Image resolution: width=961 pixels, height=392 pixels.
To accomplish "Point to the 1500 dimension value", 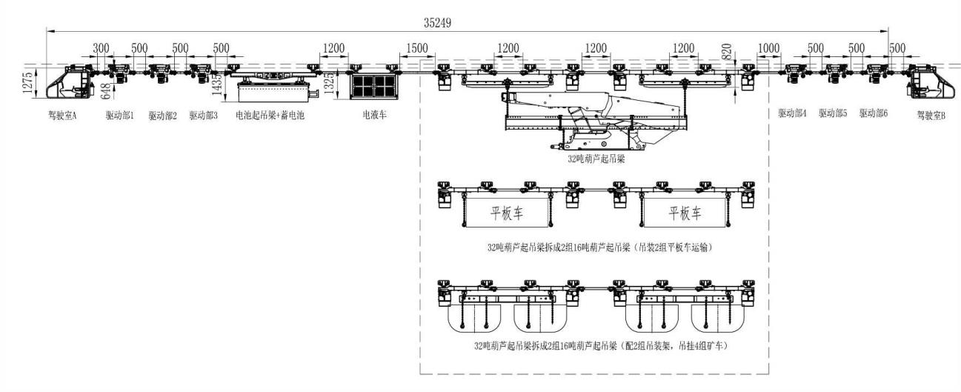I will click(x=416, y=49).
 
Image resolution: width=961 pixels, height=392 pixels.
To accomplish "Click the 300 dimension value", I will click(x=102, y=49).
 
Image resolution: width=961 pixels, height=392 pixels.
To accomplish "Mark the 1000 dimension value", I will click(x=769, y=49).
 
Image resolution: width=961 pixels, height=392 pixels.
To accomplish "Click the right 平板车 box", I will click(x=685, y=213).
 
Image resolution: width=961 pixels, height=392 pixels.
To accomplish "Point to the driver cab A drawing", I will click(x=67, y=82).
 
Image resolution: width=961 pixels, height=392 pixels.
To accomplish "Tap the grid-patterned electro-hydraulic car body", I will click(x=375, y=87).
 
